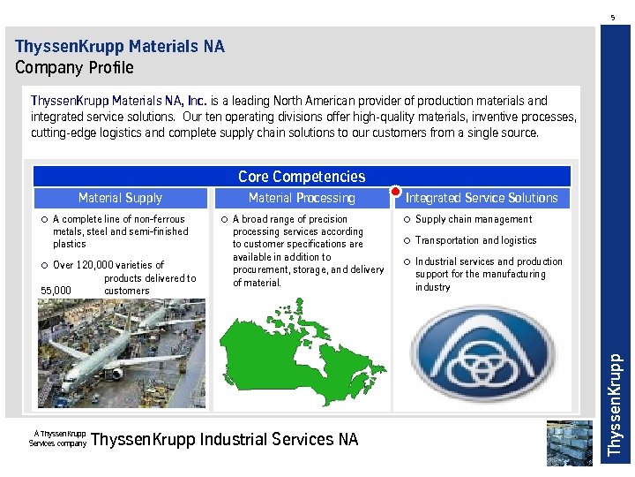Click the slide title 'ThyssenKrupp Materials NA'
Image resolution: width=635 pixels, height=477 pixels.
coord(120,46)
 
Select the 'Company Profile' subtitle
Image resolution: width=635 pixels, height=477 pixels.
coord(74,68)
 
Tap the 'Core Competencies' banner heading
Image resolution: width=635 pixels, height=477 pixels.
coord(302,177)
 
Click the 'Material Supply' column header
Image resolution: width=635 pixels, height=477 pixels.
coord(120,198)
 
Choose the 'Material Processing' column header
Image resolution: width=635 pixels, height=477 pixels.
coord(302,198)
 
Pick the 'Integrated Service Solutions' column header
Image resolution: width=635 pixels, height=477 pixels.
coord(482,198)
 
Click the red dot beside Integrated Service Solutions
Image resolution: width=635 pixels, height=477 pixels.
coord(396,192)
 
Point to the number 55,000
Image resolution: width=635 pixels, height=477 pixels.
coord(56,291)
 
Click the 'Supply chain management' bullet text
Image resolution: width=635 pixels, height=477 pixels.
coord(474,219)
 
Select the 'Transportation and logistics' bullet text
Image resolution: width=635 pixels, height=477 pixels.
coord(475,240)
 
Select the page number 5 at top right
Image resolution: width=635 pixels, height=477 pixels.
coord(613,17)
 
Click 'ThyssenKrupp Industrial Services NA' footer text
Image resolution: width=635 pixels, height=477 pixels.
coord(225,439)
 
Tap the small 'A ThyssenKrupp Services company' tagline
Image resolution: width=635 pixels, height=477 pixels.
coord(58,438)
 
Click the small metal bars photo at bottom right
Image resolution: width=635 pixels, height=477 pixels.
coord(569,442)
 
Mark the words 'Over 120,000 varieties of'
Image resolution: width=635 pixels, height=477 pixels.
coord(108,265)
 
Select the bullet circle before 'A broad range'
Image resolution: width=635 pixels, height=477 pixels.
coord(224,219)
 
